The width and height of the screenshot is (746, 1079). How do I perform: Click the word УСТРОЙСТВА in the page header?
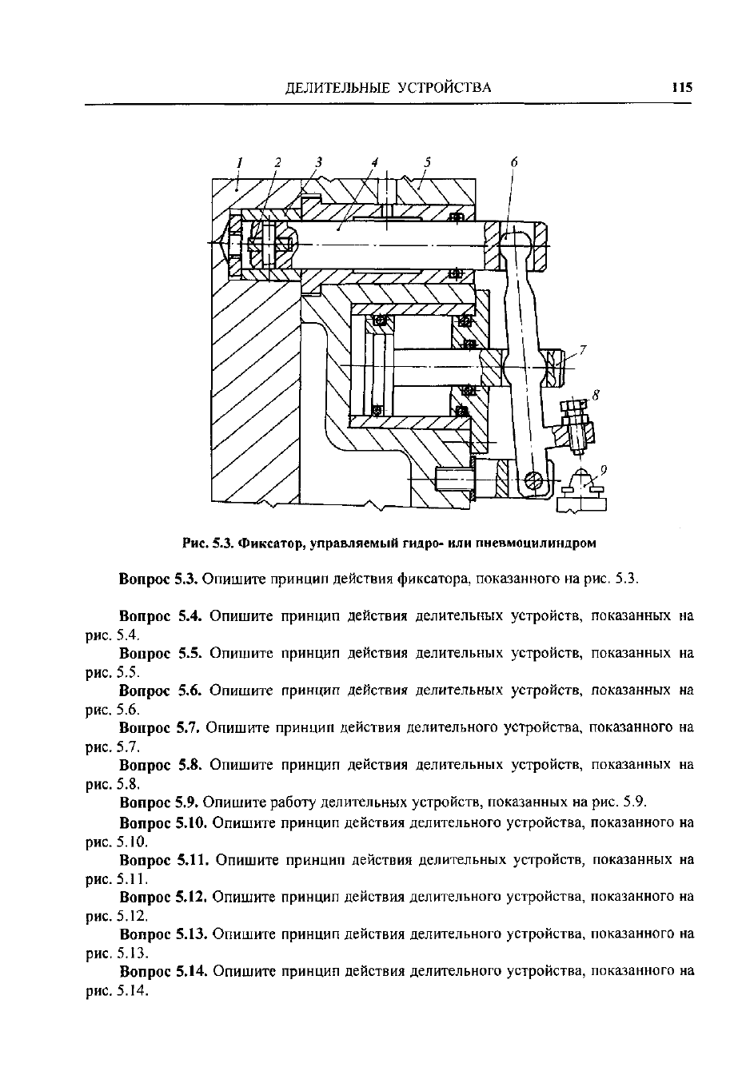click(445, 88)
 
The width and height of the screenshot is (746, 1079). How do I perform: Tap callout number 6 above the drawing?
click(513, 162)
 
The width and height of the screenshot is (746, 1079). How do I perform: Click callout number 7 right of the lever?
click(583, 350)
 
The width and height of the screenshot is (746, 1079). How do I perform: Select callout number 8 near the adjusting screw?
click(596, 396)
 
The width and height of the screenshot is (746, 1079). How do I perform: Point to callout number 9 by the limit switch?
click(604, 469)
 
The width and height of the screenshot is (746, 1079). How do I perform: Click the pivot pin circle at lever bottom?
click(534, 480)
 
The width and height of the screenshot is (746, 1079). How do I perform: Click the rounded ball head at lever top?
click(516, 243)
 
